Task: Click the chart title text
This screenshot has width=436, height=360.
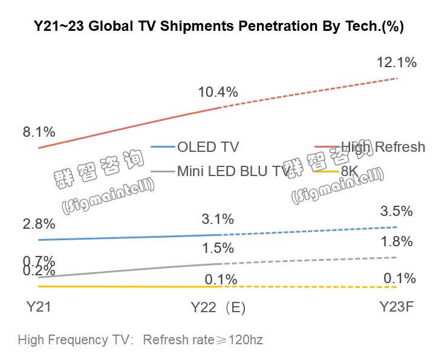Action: point(218,27)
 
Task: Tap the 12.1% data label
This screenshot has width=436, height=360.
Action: point(397,62)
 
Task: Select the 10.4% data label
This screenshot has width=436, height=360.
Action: point(218,93)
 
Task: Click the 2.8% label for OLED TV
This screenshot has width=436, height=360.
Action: point(38,224)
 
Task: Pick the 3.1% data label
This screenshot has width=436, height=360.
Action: point(218,218)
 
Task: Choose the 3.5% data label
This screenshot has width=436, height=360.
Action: point(397,212)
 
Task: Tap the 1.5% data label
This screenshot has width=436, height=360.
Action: point(218,248)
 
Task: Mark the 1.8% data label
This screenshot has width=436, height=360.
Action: point(397,242)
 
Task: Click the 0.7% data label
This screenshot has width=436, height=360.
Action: point(38,261)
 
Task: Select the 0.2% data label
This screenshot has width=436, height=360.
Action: point(38,272)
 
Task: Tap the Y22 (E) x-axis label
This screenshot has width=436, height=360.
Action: point(218,307)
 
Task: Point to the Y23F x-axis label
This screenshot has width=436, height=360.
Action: point(397,307)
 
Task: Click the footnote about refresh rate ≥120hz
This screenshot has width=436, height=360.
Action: point(140,339)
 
